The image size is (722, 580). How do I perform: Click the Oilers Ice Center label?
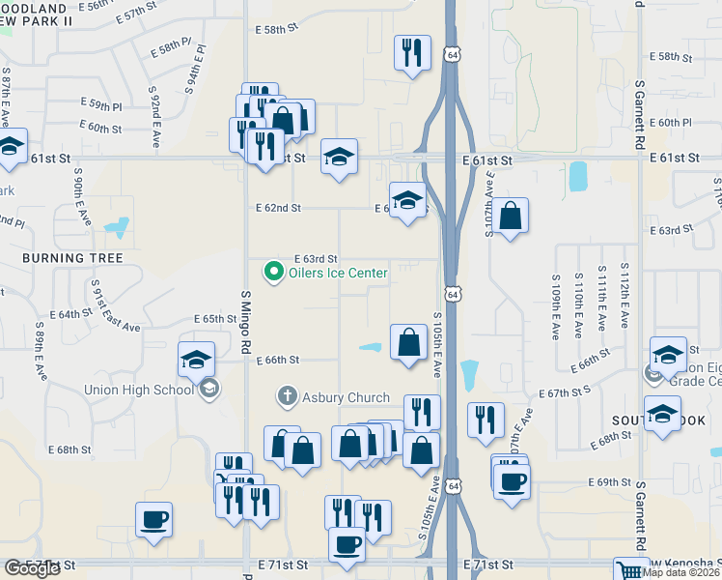(x=338, y=274)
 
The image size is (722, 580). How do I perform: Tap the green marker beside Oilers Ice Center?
(x=273, y=274)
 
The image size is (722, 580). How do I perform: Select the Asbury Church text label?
(x=346, y=397)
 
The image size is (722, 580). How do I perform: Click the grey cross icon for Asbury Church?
(x=287, y=396)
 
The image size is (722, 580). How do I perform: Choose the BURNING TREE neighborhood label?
(x=73, y=258)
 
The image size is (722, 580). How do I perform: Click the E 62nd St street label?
(x=279, y=208)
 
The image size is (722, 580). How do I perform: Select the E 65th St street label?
(x=201, y=319)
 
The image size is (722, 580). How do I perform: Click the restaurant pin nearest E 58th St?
(x=412, y=52)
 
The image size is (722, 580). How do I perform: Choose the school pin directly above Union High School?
(x=196, y=360)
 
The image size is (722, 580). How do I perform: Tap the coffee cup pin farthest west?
(x=153, y=520)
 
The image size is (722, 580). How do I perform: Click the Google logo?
(x=31, y=568)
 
